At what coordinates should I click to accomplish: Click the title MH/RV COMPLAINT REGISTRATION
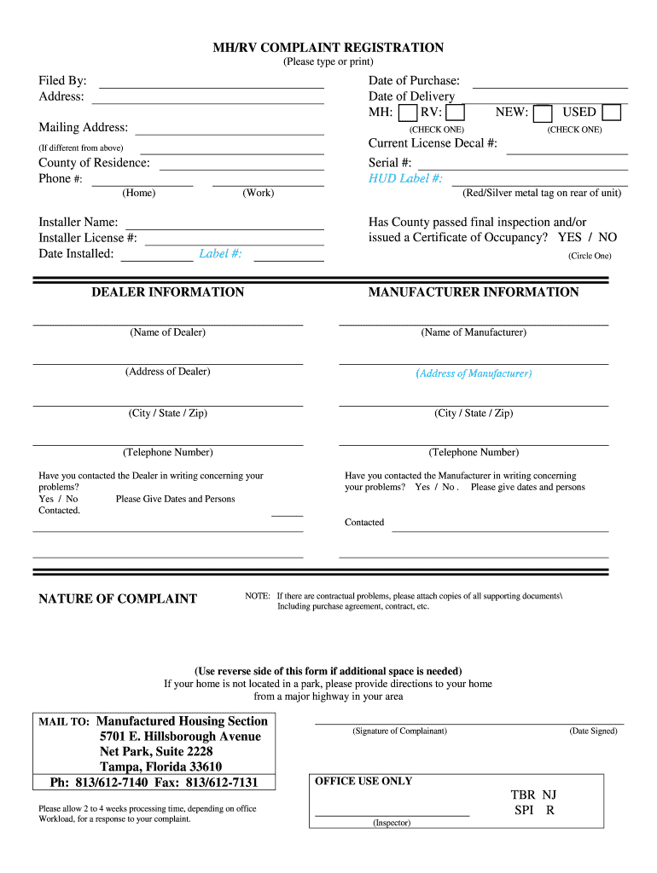click(x=328, y=48)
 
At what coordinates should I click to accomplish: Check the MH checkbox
click(x=408, y=113)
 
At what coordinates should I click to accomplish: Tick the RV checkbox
click(x=456, y=113)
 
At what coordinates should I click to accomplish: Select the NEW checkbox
click(x=542, y=113)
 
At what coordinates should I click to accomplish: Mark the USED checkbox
click(x=611, y=113)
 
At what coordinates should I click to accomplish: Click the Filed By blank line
click(x=212, y=84)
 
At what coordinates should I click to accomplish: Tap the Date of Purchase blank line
click(x=549, y=84)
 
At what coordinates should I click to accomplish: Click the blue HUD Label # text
click(x=405, y=178)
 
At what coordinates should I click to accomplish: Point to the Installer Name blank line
click(x=224, y=225)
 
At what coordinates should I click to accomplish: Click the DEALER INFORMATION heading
click(x=167, y=292)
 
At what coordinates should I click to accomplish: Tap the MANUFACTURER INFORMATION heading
click(x=474, y=292)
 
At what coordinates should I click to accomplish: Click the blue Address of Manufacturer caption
click(x=474, y=373)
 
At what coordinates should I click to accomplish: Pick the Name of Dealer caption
click(x=167, y=332)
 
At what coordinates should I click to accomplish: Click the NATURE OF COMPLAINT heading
click(x=118, y=598)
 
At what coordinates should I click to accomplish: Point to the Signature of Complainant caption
click(x=399, y=731)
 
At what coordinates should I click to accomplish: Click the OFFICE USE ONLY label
click(x=363, y=781)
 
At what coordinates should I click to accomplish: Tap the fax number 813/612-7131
click(x=221, y=783)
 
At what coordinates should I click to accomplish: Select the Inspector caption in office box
click(x=392, y=823)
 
